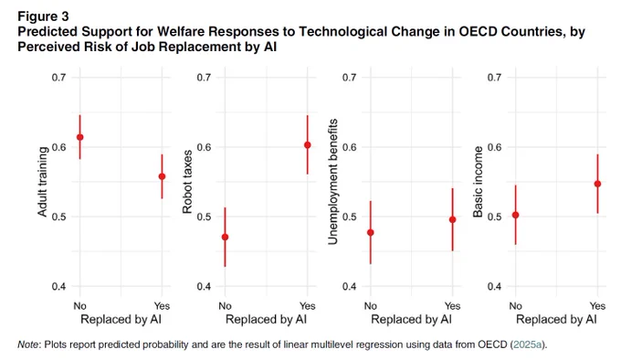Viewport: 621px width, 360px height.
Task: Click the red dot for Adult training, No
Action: tap(80, 137)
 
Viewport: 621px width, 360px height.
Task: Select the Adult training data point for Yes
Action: tap(162, 176)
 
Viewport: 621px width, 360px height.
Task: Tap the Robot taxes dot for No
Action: tap(225, 238)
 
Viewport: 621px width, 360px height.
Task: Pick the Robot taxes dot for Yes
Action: tap(308, 145)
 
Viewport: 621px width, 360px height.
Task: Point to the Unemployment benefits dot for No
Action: tap(371, 232)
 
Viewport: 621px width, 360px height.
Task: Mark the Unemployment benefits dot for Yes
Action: tap(453, 219)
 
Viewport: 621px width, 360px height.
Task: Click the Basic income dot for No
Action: tap(516, 215)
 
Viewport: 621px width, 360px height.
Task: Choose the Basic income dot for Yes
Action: tap(597, 184)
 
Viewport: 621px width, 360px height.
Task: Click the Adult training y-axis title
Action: tap(43, 182)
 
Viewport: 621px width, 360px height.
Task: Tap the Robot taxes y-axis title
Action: tap(187, 182)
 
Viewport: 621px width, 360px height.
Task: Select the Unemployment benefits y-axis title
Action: tap(333, 182)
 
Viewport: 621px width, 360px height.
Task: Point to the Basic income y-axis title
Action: tap(478, 182)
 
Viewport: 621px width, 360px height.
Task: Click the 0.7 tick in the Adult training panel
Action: tap(58, 78)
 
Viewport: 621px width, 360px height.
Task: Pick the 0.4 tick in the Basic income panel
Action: tap(494, 286)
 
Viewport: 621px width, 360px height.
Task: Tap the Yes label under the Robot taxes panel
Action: tap(308, 306)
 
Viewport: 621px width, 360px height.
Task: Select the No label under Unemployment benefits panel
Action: tap(370, 306)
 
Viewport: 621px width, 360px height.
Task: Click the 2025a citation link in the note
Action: tap(527, 344)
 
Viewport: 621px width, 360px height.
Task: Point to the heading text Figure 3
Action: tap(43, 16)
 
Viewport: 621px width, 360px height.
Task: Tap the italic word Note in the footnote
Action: tap(28, 344)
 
